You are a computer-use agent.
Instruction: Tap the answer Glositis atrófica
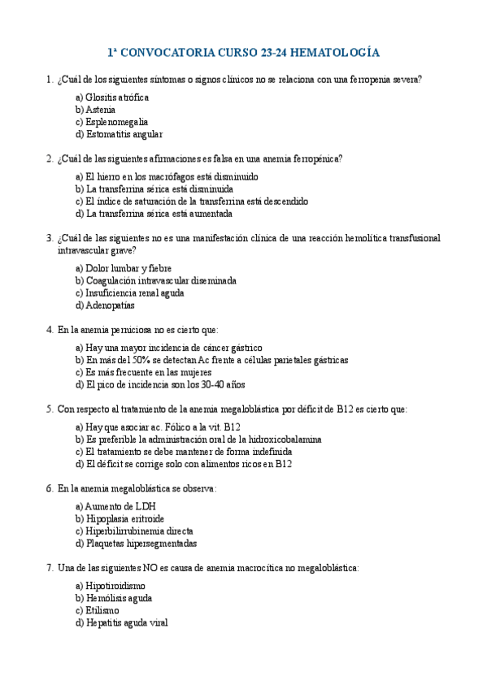[117, 97]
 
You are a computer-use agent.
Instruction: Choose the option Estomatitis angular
[124, 134]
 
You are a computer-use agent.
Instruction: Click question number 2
[50, 158]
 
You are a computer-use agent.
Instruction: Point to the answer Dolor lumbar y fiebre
[128, 268]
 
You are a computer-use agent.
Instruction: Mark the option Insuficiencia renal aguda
[134, 292]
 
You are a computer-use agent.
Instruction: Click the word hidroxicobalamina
[281, 439]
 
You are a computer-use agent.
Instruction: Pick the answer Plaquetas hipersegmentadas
[141, 544]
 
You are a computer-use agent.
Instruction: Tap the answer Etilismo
[102, 610]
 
